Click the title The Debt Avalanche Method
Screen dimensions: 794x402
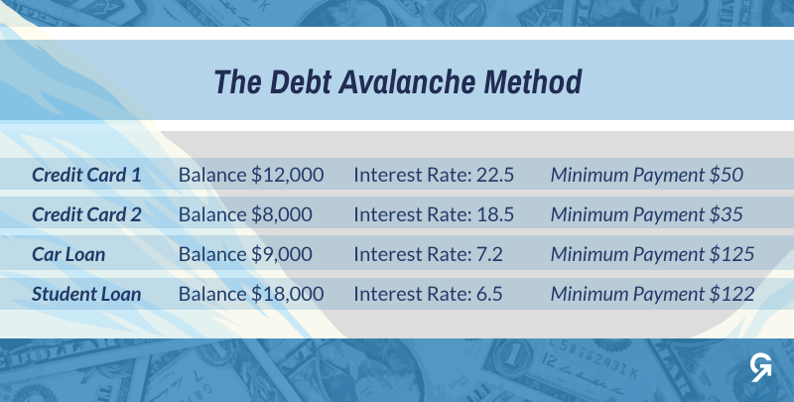click(x=398, y=82)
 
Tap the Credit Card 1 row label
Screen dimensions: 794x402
click(x=86, y=175)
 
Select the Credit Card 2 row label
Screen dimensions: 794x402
click(x=86, y=214)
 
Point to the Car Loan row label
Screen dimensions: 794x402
click(x=68, y=254)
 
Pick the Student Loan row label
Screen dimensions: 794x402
click(x=86, y=294)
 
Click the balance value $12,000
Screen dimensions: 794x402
click(x=288, y=175)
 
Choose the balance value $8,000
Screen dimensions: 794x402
click(x=282, y=214)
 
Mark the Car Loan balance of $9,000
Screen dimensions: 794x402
click(x=282, y=254)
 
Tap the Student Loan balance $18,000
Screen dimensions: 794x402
click(x=288, y=294)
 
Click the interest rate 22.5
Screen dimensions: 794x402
click(x=495, y=175)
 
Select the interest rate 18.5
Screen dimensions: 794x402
click(x=495, y=214)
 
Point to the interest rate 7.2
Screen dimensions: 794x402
click(x=489, y=254)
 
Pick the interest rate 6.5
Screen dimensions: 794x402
click(x=489, y=294)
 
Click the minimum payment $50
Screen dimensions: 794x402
click(x=727, y=175)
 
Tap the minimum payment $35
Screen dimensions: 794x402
click(x=727, y=214)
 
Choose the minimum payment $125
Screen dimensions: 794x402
click(x=731, y=254)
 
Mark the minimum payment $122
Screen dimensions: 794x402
click(x=731, y=294)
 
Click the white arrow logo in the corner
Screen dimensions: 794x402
click(x=761, y=367)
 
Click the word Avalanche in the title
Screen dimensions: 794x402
click(x=407, y=82)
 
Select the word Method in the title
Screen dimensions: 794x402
click(x=533, y=82)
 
